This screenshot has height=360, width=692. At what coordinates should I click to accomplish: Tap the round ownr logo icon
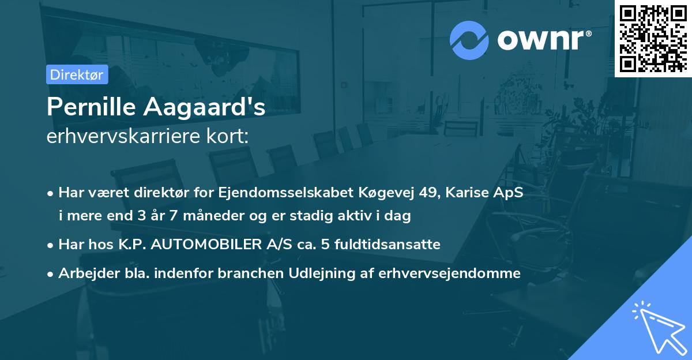coord(469,40)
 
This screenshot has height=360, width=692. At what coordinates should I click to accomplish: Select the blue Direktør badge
coord(77,74)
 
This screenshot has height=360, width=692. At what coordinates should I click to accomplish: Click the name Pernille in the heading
coord(92,108)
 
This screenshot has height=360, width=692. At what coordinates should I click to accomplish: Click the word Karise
coord(470,192)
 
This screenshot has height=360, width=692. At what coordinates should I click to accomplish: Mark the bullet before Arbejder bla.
coord(51,274)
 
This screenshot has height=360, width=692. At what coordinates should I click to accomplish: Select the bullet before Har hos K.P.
coord(51,245)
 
